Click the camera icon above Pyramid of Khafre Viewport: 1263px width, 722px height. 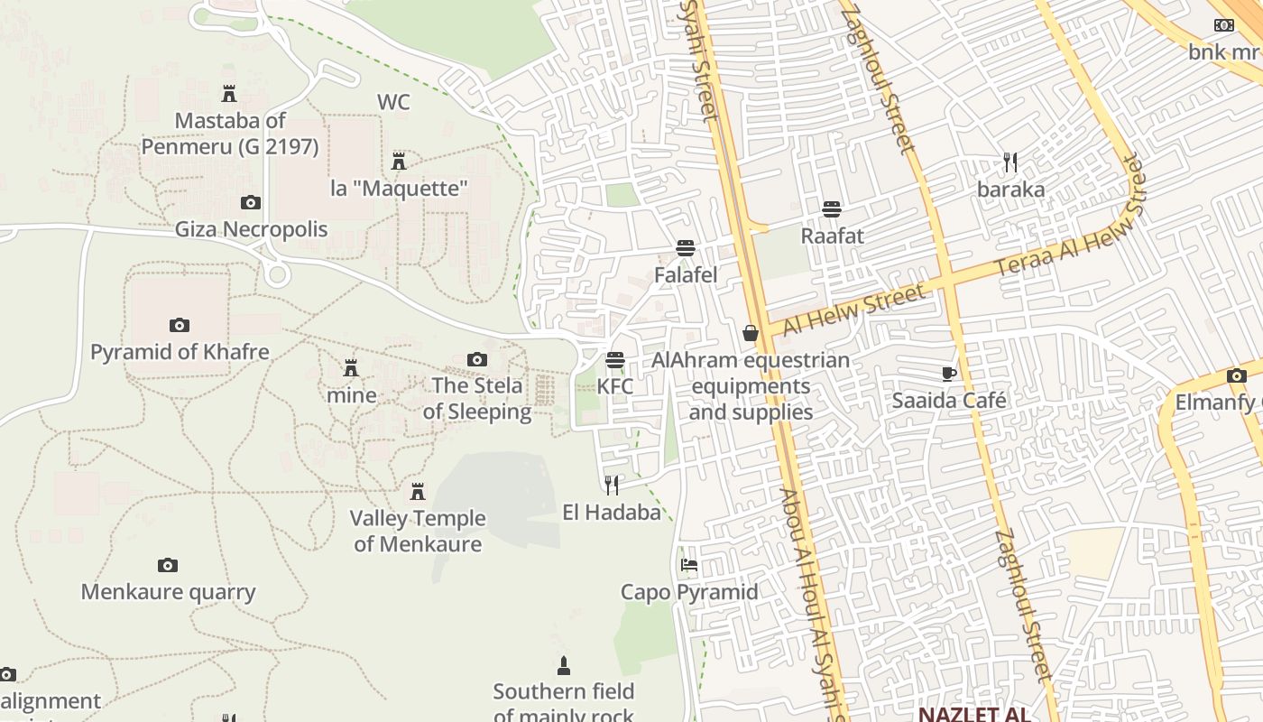179,325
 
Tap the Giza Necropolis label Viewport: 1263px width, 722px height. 251,229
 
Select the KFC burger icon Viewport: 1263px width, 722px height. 615,360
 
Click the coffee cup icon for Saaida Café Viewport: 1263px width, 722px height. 948,374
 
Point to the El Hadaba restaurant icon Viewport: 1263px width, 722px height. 612,486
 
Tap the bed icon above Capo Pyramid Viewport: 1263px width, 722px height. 689,566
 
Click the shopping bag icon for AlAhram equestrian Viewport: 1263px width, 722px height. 750,334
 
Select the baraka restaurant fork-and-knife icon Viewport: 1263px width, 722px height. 1010,162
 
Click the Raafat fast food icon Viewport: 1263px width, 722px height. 832,209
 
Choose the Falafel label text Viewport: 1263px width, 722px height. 686,275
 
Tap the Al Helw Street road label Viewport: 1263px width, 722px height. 853,309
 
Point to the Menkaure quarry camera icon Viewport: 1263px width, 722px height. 168,566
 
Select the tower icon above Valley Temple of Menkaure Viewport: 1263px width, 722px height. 418,492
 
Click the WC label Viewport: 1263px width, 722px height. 393,102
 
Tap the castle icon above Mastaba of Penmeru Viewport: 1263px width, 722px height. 229,94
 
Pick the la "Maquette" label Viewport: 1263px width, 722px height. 399,189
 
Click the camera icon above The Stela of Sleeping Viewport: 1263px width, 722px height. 476,360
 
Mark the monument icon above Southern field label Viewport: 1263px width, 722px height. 564,666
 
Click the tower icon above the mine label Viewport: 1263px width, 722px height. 351,368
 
